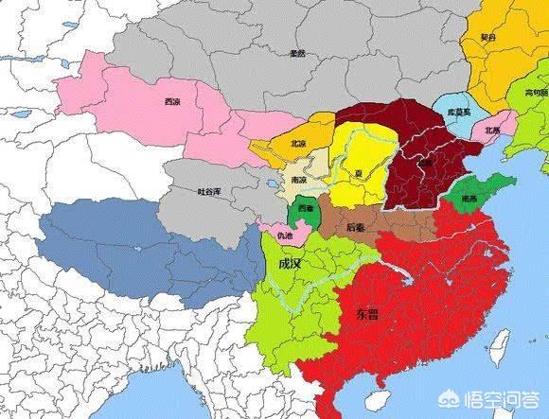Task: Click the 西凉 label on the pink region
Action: click(x=171, y=101)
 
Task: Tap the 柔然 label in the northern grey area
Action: click(x=296, y=53)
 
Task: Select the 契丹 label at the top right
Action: click(x=487, y=37)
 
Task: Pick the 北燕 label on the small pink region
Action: click(x=493, y=130)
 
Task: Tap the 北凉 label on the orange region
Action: click(x=272, y=144)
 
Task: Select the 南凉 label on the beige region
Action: click(x=297, y=178)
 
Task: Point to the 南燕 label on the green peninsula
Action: click(x=469, y=200)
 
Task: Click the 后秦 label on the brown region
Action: click(x=357, y=226)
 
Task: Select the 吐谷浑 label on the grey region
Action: click(x=208, y=192)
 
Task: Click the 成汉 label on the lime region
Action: click(x=287, y=264)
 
